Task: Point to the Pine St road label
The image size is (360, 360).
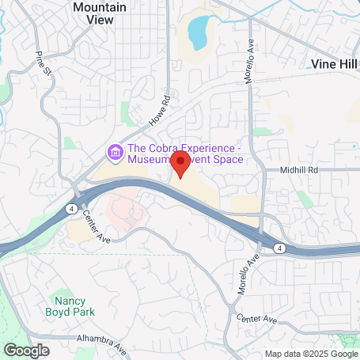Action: pos(43,64)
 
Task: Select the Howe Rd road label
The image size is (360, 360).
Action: pos(160,112)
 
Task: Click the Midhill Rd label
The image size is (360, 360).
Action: pos(297,169)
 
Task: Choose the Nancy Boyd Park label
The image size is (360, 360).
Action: pos(76,306)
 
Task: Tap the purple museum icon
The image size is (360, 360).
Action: pos(116,150)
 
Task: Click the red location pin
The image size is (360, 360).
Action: pos(180,164)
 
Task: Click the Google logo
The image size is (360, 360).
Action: pos(27,349)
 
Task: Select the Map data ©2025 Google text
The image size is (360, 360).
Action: pos(310,354)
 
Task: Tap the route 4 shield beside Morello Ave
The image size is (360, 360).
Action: pos(280,248)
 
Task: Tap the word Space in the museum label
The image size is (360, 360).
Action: pos(225,160)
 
